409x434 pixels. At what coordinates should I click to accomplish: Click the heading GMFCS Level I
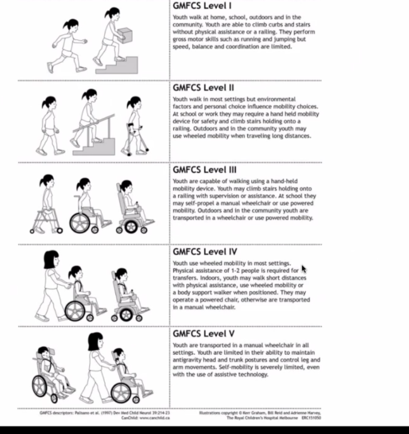click(202, 5)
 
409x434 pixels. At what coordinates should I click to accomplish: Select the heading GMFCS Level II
click(203, 87)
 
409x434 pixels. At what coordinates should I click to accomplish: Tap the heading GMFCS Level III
click(204, 169)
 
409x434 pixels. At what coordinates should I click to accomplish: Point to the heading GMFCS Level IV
click(205, 252)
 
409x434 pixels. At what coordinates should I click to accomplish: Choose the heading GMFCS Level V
click(204, 333)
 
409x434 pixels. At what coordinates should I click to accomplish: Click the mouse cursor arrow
click(304, 269)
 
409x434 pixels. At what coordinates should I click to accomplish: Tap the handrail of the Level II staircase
click(94, 123)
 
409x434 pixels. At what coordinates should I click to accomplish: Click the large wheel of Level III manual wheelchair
click(79, 223)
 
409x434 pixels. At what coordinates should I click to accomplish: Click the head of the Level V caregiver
click(96, 341)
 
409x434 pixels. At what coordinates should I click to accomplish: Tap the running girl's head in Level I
click(71, 26)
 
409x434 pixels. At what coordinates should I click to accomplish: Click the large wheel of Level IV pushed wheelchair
click(75, 311)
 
